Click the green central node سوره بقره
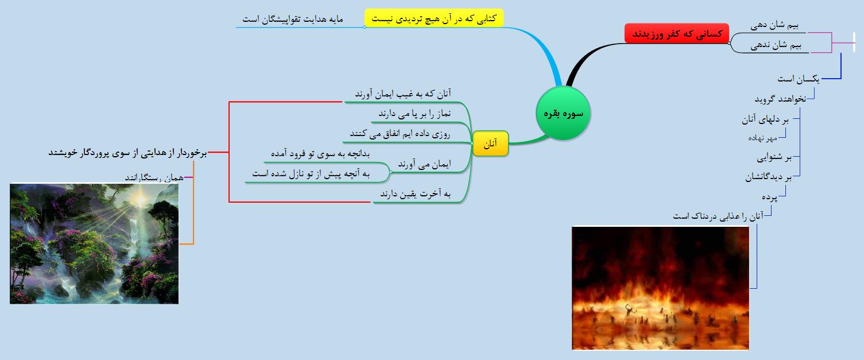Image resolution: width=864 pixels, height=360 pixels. point(563,113)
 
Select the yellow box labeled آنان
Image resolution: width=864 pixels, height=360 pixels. point(490,144)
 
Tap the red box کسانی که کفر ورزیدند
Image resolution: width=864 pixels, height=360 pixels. point(676,33)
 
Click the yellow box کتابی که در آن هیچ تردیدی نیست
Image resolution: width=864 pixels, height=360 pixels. point(434,18)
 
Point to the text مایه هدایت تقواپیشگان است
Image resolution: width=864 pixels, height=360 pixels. point(293,19)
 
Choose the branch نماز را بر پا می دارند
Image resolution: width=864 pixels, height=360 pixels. point(414,114)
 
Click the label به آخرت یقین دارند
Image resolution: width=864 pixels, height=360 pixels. point(416,193)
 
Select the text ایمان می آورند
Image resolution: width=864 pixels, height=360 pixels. point(424,164)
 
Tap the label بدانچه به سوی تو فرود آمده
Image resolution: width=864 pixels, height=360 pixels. point(320,153)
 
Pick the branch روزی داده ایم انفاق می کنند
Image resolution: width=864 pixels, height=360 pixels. point(400,134)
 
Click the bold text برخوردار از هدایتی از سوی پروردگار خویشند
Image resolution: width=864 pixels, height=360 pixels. point(127,153)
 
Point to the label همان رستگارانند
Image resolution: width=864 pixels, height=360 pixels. point(154,177)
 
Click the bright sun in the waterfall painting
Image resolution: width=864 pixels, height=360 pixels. point(140,199)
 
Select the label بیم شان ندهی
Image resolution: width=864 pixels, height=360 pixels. point(776,45)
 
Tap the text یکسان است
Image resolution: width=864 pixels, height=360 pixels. point(798,79)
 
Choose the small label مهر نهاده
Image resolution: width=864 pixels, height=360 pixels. point(762,138)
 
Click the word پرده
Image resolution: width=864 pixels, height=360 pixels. point(769,197)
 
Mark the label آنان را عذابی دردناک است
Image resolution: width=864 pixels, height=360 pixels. point(718,216)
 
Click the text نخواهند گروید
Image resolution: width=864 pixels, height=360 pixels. point(780,99)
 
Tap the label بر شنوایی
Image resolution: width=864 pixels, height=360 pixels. point(774,157)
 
